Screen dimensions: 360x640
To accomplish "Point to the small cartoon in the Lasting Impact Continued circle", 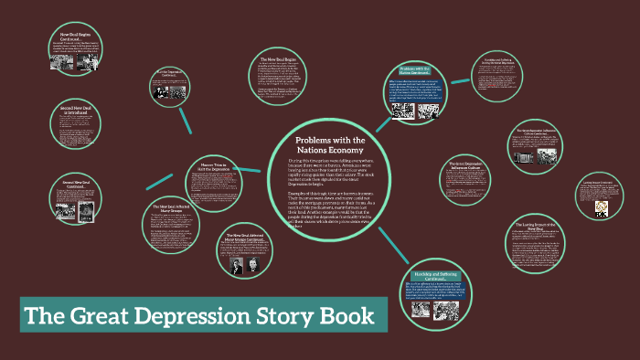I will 601,208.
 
